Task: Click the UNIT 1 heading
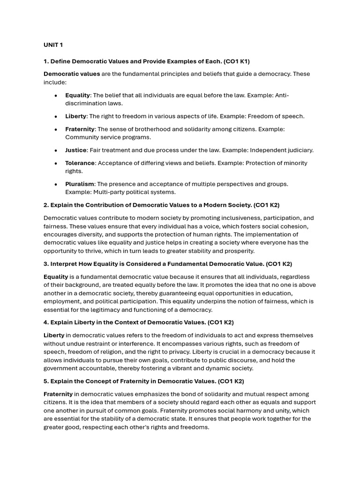(x=53, y=45)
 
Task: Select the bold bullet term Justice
(x=75, y=150)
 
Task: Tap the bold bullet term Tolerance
(x=80, y=163)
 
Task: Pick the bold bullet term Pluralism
(x=80, y=184)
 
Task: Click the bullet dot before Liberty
(x=56, y=116)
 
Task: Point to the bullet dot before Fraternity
(x=56, y=129)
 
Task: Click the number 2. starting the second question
(x=46, y=205)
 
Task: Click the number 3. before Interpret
(x=46, y=264)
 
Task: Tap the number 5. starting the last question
(x=46, y=382)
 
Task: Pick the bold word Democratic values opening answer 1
(x=72, y=74)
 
